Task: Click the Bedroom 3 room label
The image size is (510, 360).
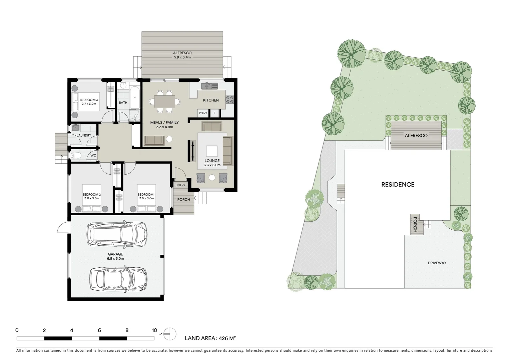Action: (89, 100)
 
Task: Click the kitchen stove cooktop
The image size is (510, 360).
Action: (230, 99)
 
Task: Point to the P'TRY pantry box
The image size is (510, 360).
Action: (203, 113)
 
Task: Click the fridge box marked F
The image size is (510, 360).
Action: (214, 113)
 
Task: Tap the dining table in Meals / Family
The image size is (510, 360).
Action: (164, 101)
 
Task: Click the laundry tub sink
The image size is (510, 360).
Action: (75, 127)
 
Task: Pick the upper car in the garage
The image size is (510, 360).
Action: (117, 232)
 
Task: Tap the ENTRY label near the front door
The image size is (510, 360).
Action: (180, 185)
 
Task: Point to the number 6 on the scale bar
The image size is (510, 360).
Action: (99, 330)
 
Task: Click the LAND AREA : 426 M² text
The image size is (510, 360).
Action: (210, 338)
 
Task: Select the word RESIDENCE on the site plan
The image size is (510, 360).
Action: (398, 185)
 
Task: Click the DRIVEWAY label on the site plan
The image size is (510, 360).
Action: (437, 263)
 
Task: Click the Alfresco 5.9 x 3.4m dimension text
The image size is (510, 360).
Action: (182, 57)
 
